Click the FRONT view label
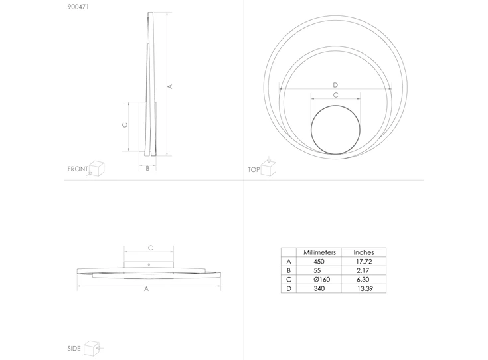click(77, 169)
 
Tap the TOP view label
click(253, 170)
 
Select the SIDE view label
click(74, 349)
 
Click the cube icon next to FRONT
click(98, 167)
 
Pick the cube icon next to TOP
click(268, 167)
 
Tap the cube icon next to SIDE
click(92, 347)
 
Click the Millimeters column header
click(320, 253)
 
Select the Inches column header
click(364, 253)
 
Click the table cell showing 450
click(320, 262)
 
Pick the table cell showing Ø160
click(320, 280)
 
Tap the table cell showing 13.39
click(364, 289)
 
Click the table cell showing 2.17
click(364, 271)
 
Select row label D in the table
click(288, 289)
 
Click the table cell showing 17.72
click(364, 262)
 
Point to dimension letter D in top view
click(335, 85)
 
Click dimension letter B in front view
click(147, 169)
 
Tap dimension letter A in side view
click(146, 290)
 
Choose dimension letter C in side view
click(150, 248)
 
